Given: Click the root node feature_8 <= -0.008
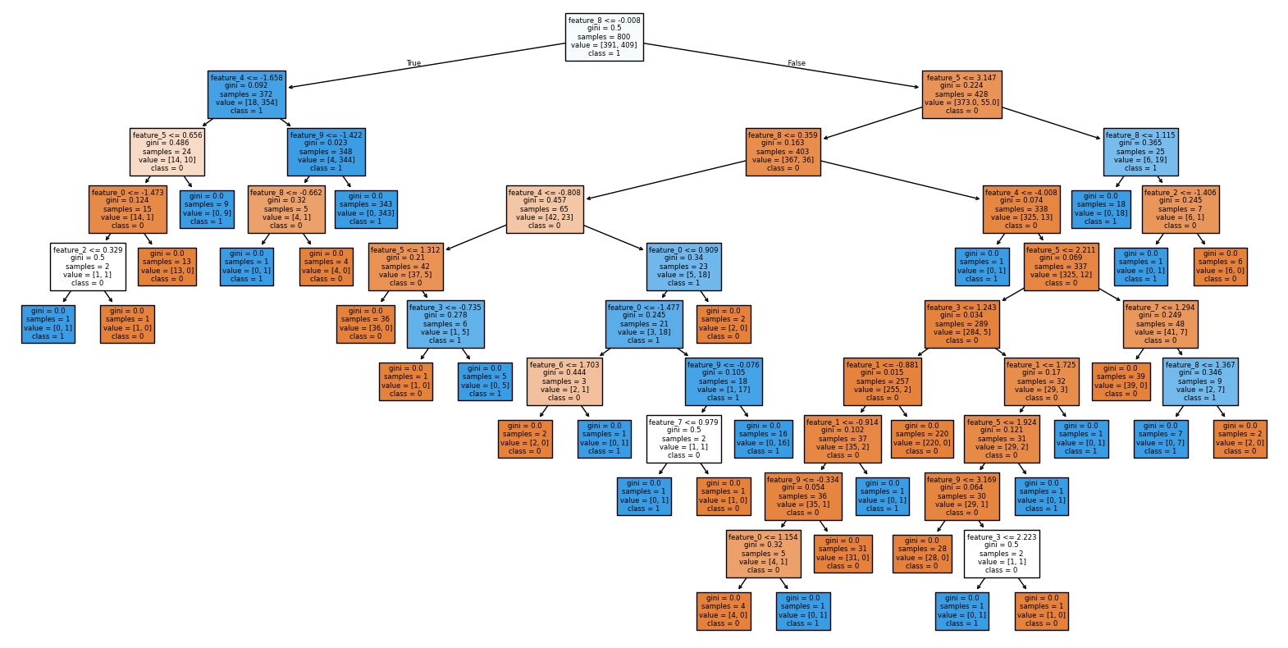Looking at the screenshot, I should (604, 37).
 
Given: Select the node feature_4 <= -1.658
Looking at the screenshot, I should (246, 94).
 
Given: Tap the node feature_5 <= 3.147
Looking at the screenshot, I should (961, 94).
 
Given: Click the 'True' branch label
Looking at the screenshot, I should (413, 63).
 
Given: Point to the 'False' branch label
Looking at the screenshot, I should (796, 63).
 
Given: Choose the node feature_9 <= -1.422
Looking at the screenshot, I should (326, 152).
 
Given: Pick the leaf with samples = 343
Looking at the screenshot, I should (365, 209).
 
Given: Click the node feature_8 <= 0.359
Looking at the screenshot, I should (783, 152).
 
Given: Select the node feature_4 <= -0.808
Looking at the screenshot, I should (544, 209).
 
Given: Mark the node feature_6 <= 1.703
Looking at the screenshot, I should (564, 381).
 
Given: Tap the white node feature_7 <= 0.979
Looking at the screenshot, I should (683, 439).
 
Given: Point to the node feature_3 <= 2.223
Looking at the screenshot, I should (1001, 554).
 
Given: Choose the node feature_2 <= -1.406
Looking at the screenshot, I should (1180, 209).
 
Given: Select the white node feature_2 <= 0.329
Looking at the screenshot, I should (88, 267).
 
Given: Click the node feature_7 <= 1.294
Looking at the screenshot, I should (1160, 324).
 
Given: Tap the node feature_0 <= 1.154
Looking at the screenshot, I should (762, 554).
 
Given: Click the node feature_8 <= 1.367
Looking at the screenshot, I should (1199, 381).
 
